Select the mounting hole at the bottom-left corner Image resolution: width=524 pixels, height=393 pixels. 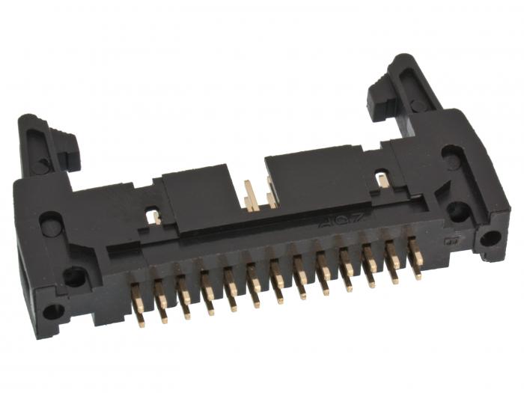coord(53,311)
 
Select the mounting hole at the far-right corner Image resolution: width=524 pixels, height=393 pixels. coord(490,238)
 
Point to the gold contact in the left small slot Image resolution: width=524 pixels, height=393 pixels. coord(156,217)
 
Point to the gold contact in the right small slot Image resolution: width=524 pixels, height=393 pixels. coord(383,180)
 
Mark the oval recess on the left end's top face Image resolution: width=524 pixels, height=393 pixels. coord(50,222)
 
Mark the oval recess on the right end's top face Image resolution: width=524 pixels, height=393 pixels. coord(451,158)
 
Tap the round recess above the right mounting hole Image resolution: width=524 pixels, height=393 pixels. coord(458,211)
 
